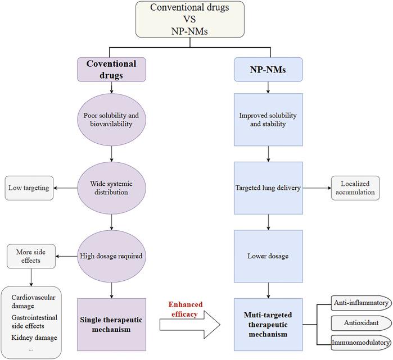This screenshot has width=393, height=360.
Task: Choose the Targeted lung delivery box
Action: pyautogui.click(x=269, y=187)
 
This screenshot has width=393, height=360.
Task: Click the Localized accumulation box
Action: pyautogui.click(x=354, y=187)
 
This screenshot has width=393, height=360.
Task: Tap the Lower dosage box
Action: pyautogui.click(x=269, y=256)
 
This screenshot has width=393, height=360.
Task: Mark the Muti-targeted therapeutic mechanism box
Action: pyautogui.click(x=269, y=325)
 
